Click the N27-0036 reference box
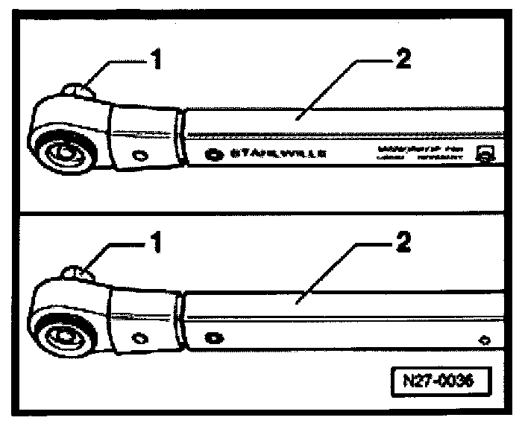(441, 380)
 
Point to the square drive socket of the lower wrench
(63, 336)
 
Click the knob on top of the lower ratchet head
(79, 275)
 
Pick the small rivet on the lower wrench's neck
(139, 337)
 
